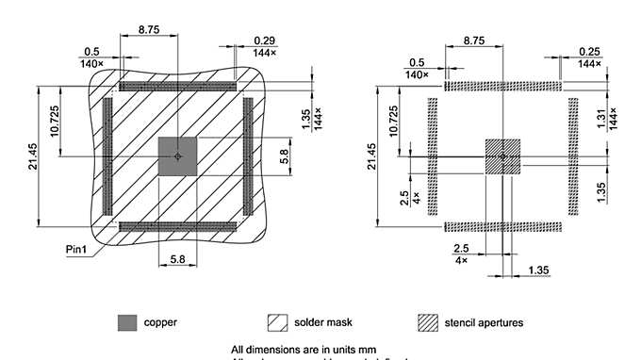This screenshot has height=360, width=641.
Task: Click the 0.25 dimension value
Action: (x=590, y=50)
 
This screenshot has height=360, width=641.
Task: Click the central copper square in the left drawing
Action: (x=177, y=155)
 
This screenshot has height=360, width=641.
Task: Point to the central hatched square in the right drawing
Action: (x=502, y=155)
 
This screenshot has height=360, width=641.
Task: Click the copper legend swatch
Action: (x=125, y=322)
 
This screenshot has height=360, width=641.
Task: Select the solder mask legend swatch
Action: (x=278, y=322)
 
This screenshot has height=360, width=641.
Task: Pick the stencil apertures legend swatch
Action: (x=429, y=322)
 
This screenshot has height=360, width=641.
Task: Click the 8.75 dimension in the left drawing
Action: (x=148, y=30)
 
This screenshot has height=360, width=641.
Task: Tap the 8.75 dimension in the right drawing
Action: (x=474, y=41)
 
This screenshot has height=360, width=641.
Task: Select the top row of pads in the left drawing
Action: (x=177, y=86)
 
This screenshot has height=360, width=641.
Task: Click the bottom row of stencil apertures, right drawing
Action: (x=502, y=226)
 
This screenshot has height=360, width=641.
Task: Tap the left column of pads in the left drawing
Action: (x=107, y=155)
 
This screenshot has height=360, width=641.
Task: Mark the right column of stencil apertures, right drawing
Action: (x=573, y=155)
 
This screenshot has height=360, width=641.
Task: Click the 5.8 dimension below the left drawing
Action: (x=177, y=256)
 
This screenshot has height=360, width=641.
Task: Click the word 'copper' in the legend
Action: (x=160, y=322)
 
